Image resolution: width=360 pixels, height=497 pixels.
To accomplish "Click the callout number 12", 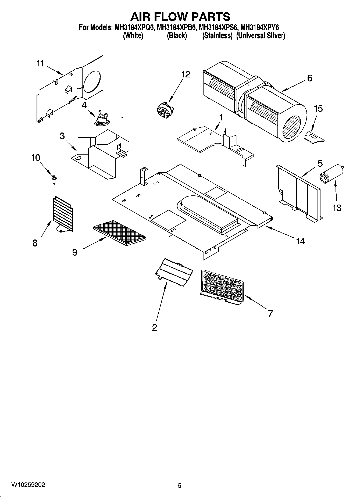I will [186, 74].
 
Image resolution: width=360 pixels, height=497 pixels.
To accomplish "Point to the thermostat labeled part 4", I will [102, 119].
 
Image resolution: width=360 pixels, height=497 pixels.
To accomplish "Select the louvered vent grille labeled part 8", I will [63, 213].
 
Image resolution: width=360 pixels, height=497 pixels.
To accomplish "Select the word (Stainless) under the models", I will [217, 36].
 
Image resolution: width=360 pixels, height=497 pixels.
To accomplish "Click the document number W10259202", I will [28, 485].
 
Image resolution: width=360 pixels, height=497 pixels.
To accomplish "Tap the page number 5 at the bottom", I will [180, 485].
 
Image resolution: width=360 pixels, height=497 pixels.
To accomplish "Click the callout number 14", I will [300, 241].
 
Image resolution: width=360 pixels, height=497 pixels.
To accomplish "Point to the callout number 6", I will [309, 78].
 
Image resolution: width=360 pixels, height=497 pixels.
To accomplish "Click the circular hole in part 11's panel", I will [92, 81].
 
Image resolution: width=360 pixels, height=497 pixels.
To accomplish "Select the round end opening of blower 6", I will [293, 127].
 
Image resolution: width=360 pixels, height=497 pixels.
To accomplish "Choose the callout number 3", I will [62, 136].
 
